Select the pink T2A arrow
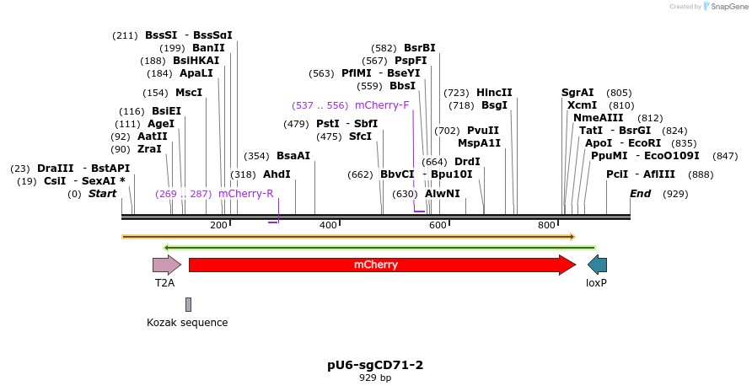[x=166, y=265]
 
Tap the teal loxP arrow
[x=597, y=265]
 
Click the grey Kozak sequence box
[x=188, y=304]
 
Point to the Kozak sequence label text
[x=187, y=322]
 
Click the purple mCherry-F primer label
[x=382, y=105]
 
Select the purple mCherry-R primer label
[x=245, y=194]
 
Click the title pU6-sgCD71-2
[x=375, y=365]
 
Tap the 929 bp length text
[x=375, y=378]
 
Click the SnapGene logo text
[x=725, y=7]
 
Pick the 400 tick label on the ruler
[x=326, y=225]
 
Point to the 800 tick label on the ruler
[x=546, y=225]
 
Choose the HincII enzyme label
[x=494, y=93]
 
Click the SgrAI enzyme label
[x=577, y=93]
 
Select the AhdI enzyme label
[x=277, y=174]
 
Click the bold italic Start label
[x=102, y=194]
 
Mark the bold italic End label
[x=641, y=194]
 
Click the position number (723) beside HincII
[x=456, y=93]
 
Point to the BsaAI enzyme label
[x=293, y=156]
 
